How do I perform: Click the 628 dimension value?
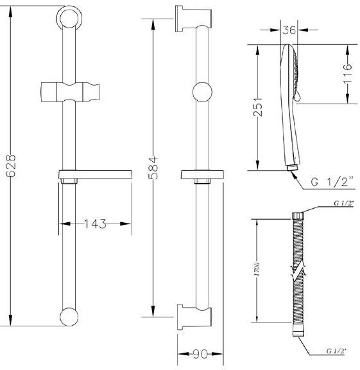11,166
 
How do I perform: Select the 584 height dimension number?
154,168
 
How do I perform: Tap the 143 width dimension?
95,224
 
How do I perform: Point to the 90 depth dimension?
200,354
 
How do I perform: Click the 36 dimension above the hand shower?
289,30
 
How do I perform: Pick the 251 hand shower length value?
258,106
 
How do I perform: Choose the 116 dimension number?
348,74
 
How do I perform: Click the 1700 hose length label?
257,269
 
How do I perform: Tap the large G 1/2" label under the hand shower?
332,182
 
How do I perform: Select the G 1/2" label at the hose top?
344,203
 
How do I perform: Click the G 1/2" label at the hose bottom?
337,351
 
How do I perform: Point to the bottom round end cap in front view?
69,317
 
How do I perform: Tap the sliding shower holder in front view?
70,92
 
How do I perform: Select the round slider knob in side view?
202,92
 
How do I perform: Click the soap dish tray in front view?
95,174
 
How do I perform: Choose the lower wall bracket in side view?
194,317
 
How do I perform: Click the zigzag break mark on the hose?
298,270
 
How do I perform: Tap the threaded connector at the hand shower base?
293,168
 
